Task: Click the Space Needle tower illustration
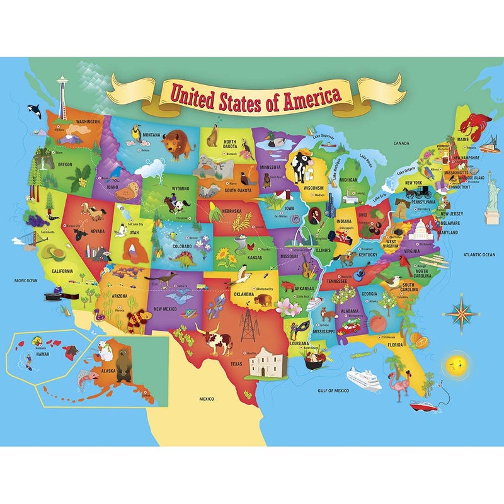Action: (61, 94)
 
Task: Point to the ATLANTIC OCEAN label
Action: (481, 255)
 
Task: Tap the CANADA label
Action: (401, 143)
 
